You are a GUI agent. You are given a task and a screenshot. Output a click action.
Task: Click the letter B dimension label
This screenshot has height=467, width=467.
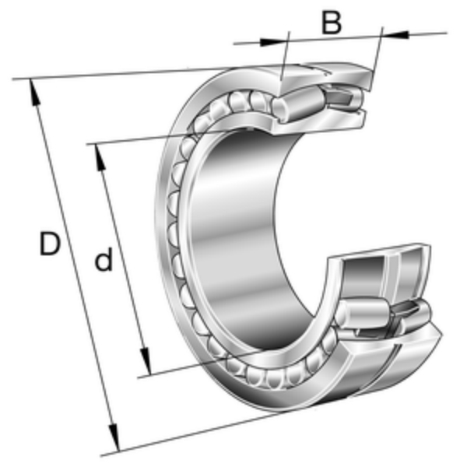332,23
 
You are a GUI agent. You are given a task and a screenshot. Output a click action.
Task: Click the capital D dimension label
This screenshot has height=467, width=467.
50,244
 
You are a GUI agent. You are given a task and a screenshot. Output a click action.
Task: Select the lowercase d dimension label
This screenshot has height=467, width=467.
104,259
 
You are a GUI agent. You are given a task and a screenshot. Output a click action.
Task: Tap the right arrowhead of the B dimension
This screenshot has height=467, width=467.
395,34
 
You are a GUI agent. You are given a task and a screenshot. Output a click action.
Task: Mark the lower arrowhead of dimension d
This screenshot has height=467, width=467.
146,361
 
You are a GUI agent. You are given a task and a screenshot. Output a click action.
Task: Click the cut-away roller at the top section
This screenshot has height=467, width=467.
298,104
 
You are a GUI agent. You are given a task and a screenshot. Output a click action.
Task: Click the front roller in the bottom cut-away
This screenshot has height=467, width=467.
363,314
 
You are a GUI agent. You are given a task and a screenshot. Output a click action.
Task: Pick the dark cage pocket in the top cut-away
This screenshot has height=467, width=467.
339,97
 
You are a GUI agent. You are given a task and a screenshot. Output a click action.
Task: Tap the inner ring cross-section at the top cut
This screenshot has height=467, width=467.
318,121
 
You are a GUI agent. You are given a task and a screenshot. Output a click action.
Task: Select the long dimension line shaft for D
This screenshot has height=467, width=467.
74,265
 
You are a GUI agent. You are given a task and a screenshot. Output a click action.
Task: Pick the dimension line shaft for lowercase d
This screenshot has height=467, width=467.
123,259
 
